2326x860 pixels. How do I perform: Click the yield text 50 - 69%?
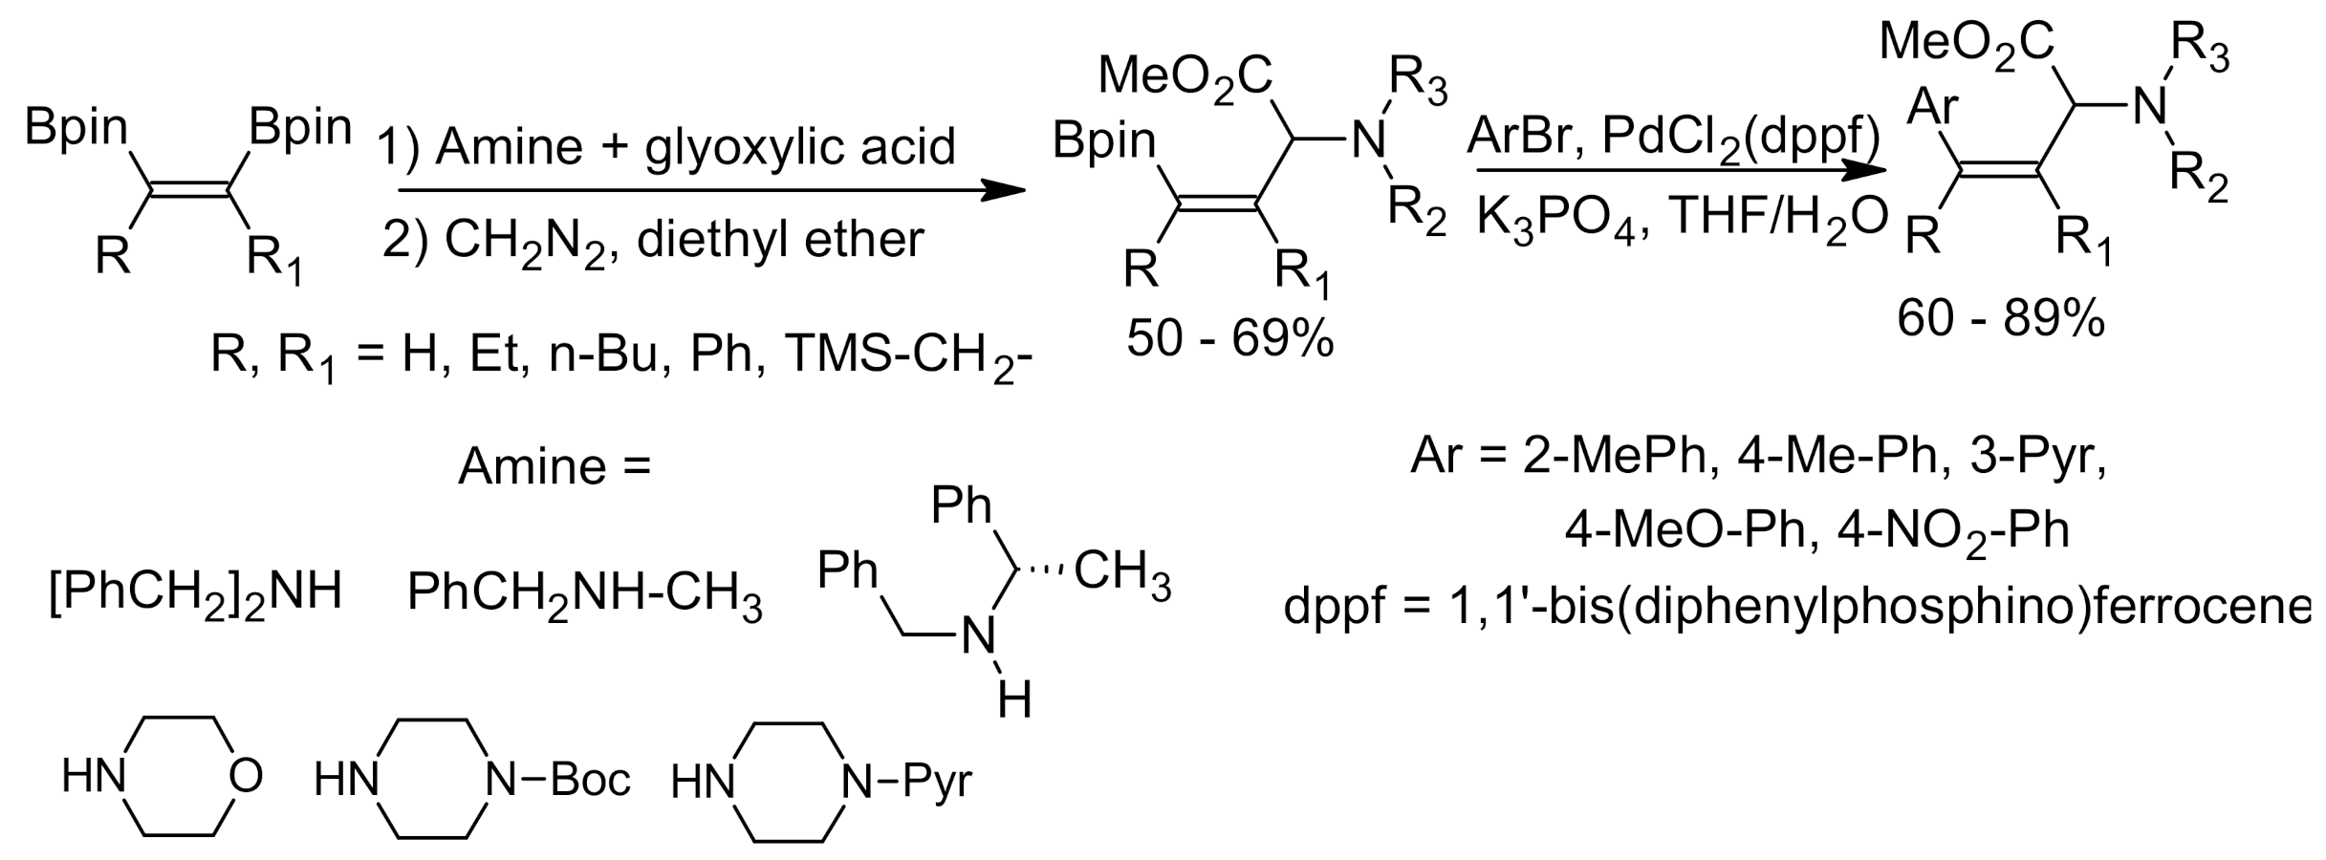click(x=1229, y=338)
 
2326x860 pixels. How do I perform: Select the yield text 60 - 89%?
click(x=2001, y=319)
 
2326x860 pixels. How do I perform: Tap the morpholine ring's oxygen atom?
click(x=246, y=775)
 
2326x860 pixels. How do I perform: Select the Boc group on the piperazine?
click(x=590, y=780)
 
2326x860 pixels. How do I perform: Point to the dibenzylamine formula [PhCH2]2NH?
click(x=195, y=593)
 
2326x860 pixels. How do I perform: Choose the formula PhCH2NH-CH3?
click(x=584, y=595)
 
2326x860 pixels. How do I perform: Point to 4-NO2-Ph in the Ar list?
click(x=1954, y=530)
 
